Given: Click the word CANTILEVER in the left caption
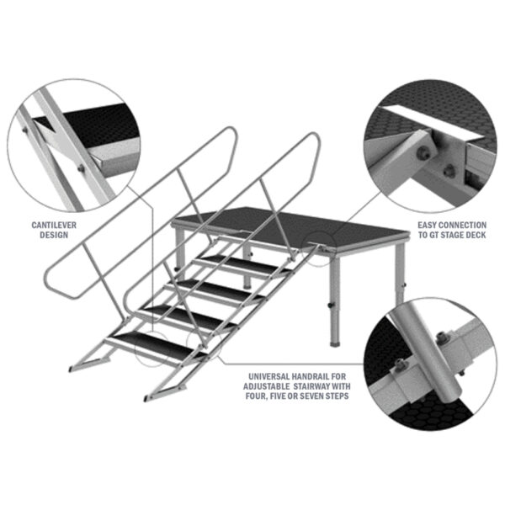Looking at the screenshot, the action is coord(54,225).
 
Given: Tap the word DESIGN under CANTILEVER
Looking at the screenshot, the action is coord(54,235).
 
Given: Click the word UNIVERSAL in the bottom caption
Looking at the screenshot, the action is coord(268,376).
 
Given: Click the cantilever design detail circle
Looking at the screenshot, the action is coord(74,146).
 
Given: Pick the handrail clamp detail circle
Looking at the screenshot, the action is coord(431,364).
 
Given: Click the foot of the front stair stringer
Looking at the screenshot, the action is coord(149,398).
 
